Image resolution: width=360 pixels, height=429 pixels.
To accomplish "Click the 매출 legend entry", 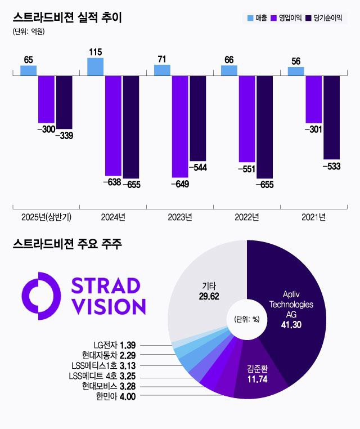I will coord(257,18).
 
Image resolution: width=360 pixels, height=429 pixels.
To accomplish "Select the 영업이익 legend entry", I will coord(286,18).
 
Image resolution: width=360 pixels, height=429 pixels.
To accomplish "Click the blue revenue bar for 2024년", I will coord(96,66).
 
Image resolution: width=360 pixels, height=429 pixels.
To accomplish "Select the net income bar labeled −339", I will coord(64,102).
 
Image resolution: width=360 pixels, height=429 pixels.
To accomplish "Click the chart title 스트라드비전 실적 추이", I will coord(67,17).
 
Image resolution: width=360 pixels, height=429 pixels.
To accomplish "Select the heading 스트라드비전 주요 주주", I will coord(67,244).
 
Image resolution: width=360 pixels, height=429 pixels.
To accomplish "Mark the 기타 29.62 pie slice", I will coord(208,293).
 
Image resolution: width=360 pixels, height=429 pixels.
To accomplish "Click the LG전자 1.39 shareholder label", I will coord(115,344).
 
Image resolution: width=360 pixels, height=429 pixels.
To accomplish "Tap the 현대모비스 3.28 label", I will coord(111,386).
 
